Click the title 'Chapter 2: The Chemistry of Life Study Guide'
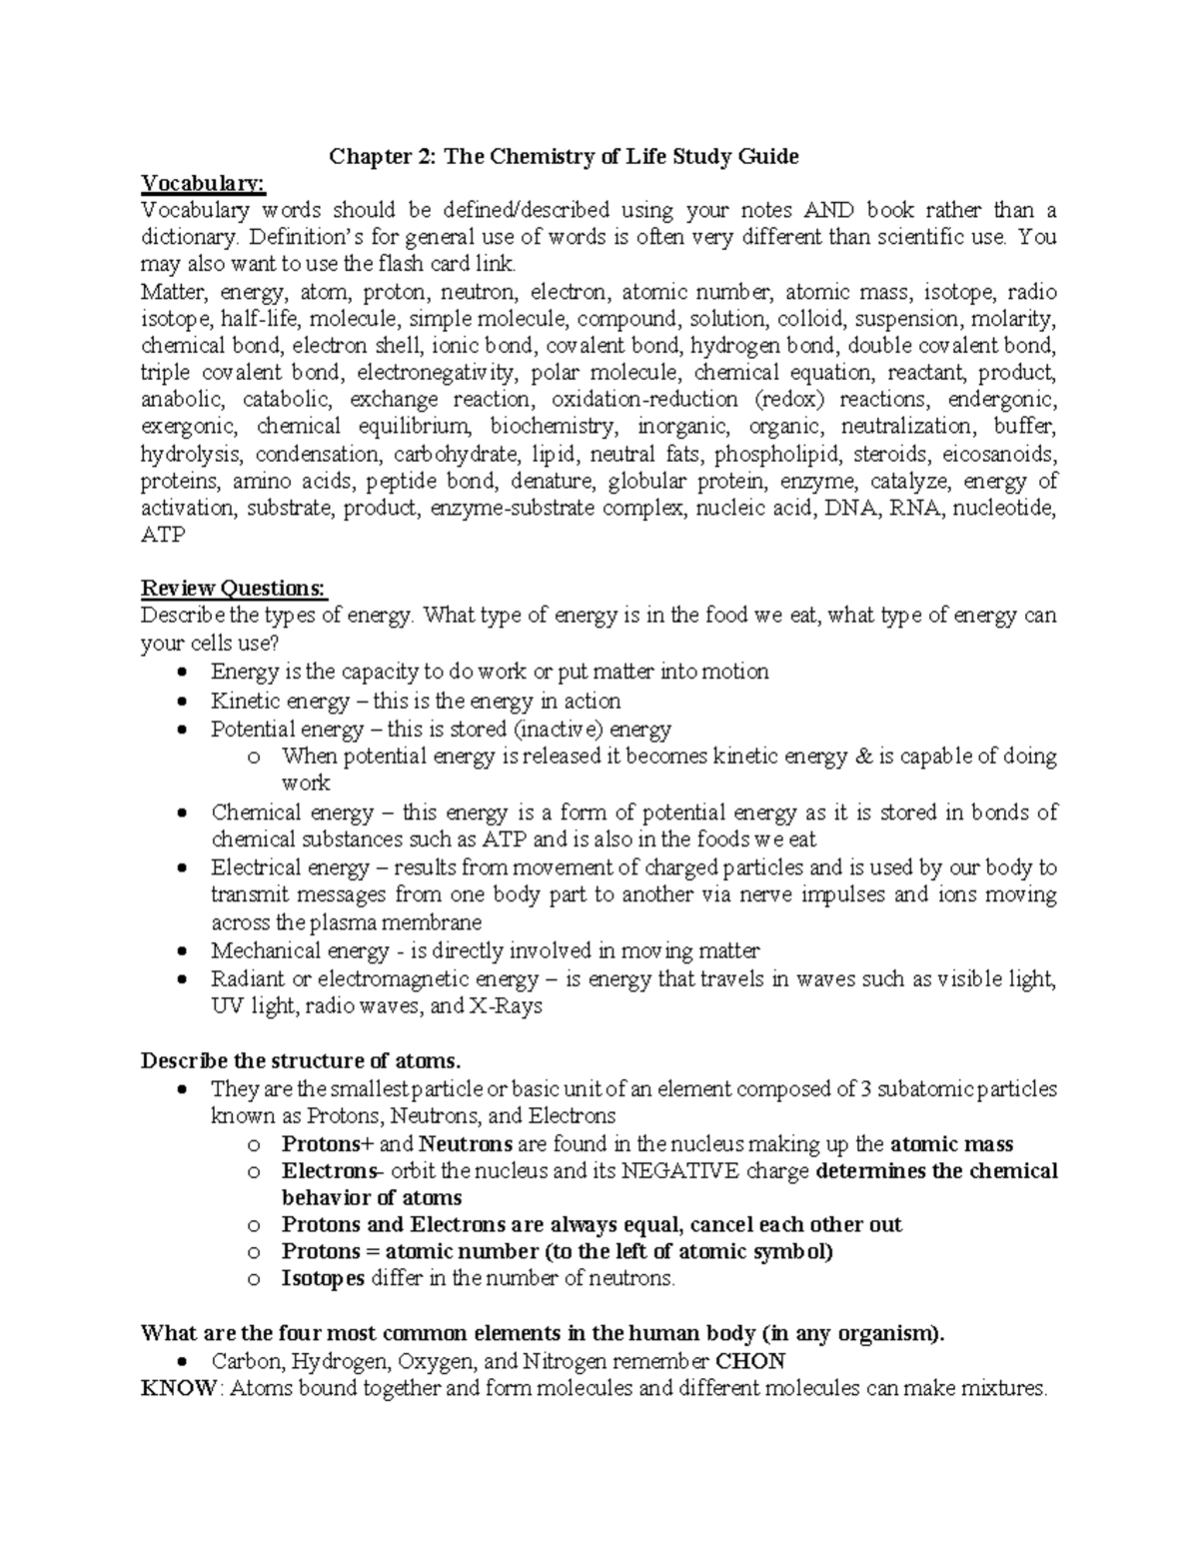tap(565, 156)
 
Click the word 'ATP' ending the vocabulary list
tap(163, 535)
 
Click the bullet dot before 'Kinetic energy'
tap(180, 702)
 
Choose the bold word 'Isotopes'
tap(324, 1278)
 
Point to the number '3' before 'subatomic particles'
tap(865, 1088)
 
